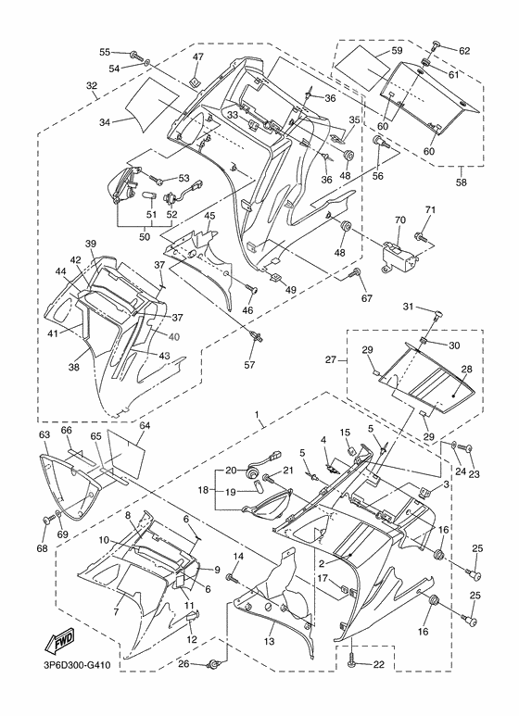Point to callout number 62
tap(464, 50)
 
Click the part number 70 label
tap(401, 220)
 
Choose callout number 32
tap(92, 86)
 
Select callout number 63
tap(44, 433)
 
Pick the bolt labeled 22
tap(352, 663)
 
